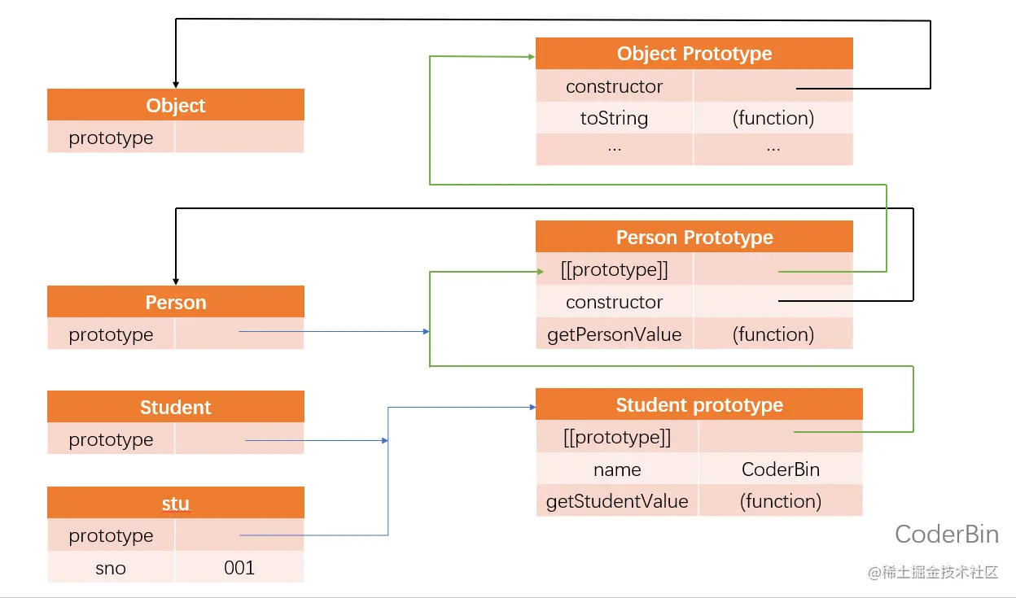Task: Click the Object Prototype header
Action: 694,54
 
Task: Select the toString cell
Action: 614,118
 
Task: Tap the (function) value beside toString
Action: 773,118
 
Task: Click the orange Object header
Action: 176,105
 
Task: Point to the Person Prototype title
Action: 694,237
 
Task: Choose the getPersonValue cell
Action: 614,334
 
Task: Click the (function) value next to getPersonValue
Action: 773,334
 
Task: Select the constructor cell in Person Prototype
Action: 614,302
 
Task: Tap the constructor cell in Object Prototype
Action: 614,86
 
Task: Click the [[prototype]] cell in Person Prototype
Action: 614,269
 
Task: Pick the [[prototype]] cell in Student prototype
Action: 617,437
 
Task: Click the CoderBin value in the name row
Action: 781,469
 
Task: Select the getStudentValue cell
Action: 617,501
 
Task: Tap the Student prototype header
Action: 699,404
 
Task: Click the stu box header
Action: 176,503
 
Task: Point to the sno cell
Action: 111,568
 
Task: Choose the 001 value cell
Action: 239,568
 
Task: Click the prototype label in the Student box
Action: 111,439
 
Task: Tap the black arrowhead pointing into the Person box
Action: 176,282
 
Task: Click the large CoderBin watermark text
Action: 947,534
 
